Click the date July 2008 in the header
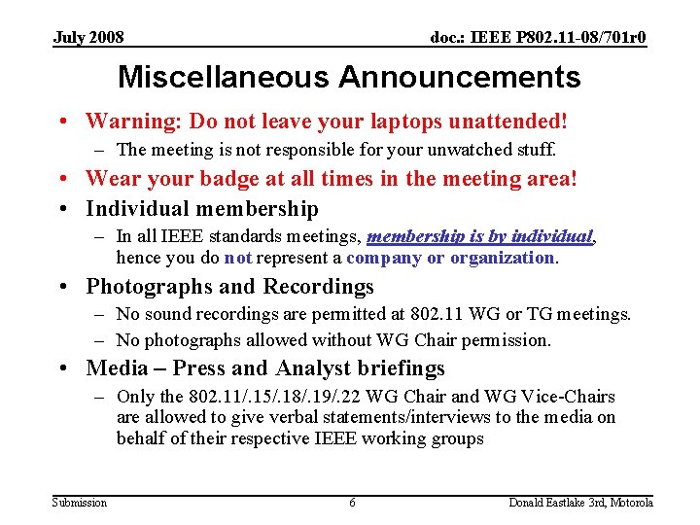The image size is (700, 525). point(88,38)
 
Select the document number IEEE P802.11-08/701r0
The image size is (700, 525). point(539,38)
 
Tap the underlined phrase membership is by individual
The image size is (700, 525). point(480,236)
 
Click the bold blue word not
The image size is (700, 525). point(239,258)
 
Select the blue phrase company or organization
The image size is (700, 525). point(450,258)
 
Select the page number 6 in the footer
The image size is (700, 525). point(352,503)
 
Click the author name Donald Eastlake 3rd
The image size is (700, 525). point(557,503)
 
